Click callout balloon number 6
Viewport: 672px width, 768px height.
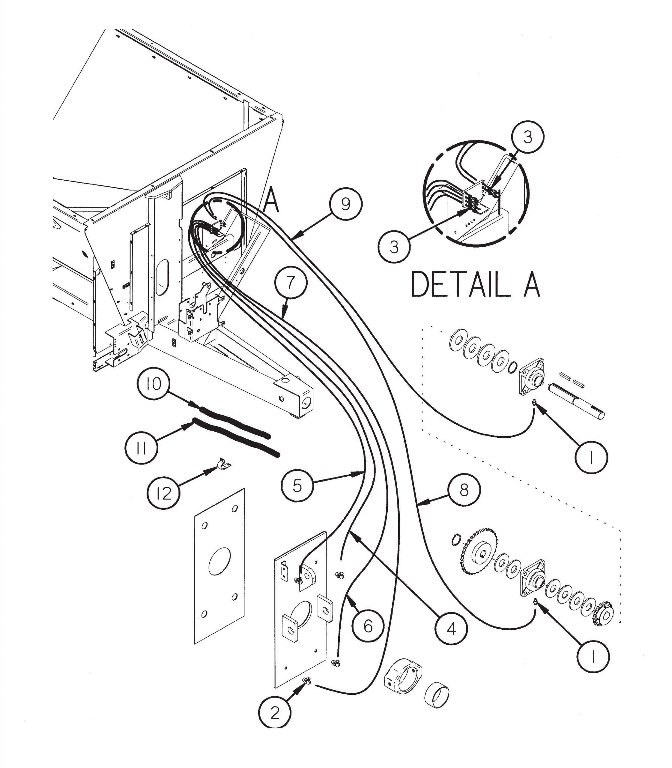pyautogui.click(x=369, y=626)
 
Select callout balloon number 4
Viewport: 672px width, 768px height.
pyautogui.click(x=452, y=630)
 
